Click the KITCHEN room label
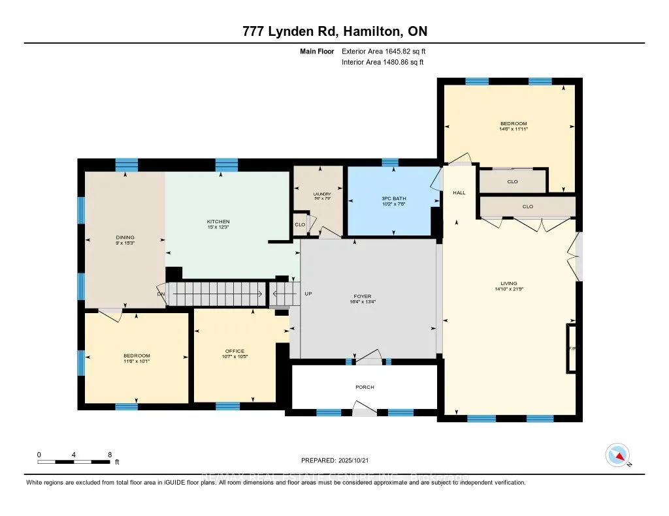(218, 222)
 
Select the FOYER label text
(363, 296)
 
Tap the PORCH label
(365, 387)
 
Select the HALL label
(459, 193)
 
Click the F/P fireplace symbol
(572, 349)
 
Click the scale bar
(74, 461)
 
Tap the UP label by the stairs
(309, 294)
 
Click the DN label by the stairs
(161, 294)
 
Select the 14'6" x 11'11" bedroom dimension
(514, 129)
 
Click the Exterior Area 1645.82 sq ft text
(385, 51)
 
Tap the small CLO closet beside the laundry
(299, 224)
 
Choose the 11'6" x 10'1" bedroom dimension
(137, 361)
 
